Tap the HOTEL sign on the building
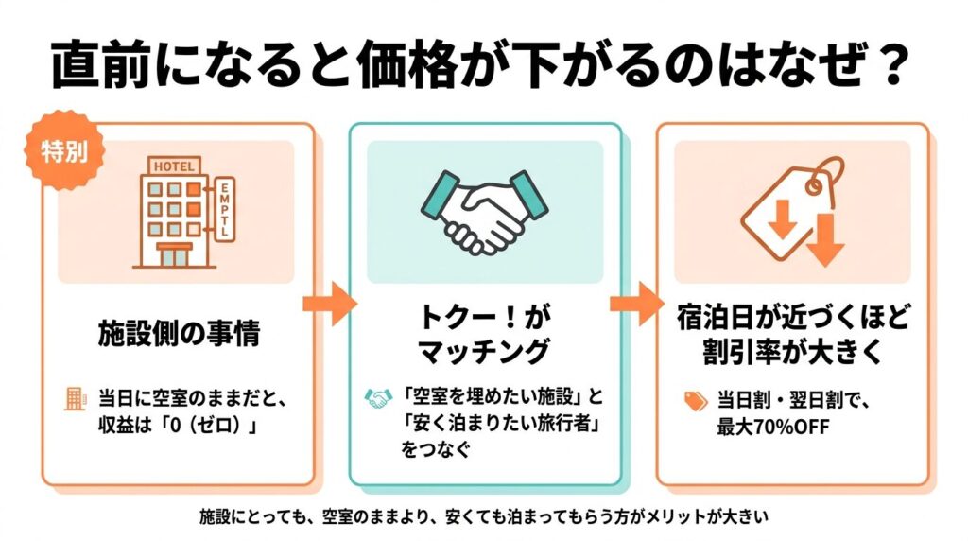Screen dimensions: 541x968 173,167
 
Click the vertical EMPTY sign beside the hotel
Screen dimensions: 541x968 225,210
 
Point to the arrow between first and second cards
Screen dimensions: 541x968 329,305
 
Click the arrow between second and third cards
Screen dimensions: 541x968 638,305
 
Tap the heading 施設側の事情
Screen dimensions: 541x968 178,332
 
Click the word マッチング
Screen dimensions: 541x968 484,352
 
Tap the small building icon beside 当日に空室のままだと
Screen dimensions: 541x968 75,397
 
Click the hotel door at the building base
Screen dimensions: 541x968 173,255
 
